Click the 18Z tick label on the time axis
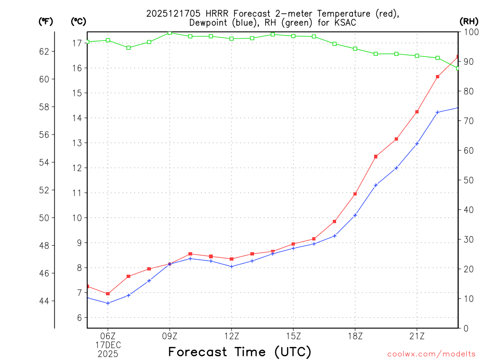tap(355, 336)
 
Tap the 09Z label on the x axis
tap(170, 336)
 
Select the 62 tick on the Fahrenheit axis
tap(44, 51)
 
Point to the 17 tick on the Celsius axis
tap(77, 43)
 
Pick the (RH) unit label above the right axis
tap(468, 21)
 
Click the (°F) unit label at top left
tap(46, 21)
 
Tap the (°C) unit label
tap(79, 21)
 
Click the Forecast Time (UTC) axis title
tap(240, 352)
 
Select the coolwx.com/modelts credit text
tap(431, 354)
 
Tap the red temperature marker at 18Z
tap(355, 194)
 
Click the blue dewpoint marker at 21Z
tap(417, 143)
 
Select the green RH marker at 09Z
tap(170, 32)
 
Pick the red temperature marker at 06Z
tap(108, 294)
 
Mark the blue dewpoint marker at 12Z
tap(232, 266)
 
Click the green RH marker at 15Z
tap(293, 36)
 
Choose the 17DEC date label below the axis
tap(108, 345)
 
